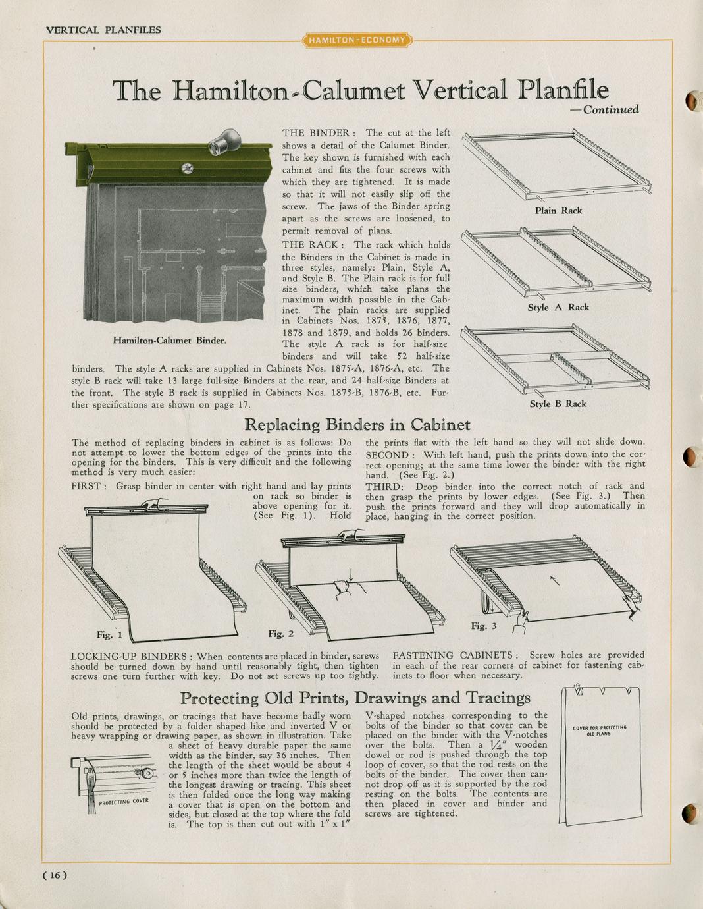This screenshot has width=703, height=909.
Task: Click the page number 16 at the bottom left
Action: point(55,875)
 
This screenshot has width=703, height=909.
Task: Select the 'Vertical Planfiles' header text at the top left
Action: point(103,30)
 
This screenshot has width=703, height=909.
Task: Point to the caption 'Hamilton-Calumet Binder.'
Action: point(170,341)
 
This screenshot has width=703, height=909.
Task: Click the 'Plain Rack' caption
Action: point(558,211)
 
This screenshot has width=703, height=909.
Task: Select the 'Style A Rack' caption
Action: point(558,308)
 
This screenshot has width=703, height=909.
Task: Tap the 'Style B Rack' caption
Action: point(558,404)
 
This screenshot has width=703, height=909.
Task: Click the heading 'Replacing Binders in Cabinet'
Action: point(357,424)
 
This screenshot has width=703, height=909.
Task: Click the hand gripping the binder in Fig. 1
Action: point(153,503)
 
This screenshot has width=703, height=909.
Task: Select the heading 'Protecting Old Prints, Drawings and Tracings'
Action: point(355,698)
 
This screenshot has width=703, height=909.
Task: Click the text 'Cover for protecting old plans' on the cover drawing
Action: point(600,730)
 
